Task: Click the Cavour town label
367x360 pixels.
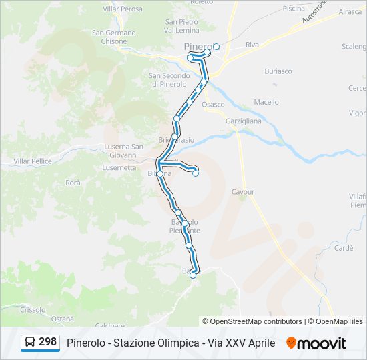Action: pos(243,192)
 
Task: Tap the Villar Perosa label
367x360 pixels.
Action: pos(123,9)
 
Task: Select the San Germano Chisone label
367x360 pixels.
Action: pos(114,37)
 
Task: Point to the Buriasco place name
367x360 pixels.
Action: pos(278,71)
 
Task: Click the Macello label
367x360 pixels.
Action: pos(266,102)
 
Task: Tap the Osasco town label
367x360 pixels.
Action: pos(213,105)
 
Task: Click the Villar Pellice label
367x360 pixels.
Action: pos(33,161)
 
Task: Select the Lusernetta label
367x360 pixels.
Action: pos(119,168)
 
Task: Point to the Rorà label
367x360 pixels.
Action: pos(73,182)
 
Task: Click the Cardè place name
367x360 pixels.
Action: pos(344,248)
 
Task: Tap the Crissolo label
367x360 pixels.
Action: pos(33,309)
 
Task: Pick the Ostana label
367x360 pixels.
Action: pos(62,319)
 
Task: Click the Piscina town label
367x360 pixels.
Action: pos(294,9)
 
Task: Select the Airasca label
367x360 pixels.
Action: pos(350,12)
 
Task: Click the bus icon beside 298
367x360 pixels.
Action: pos(30,343)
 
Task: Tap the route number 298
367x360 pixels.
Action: pos(47,342)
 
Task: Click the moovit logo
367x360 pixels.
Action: pos(316,343)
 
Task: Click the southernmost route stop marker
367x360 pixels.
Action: pos(193,275)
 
